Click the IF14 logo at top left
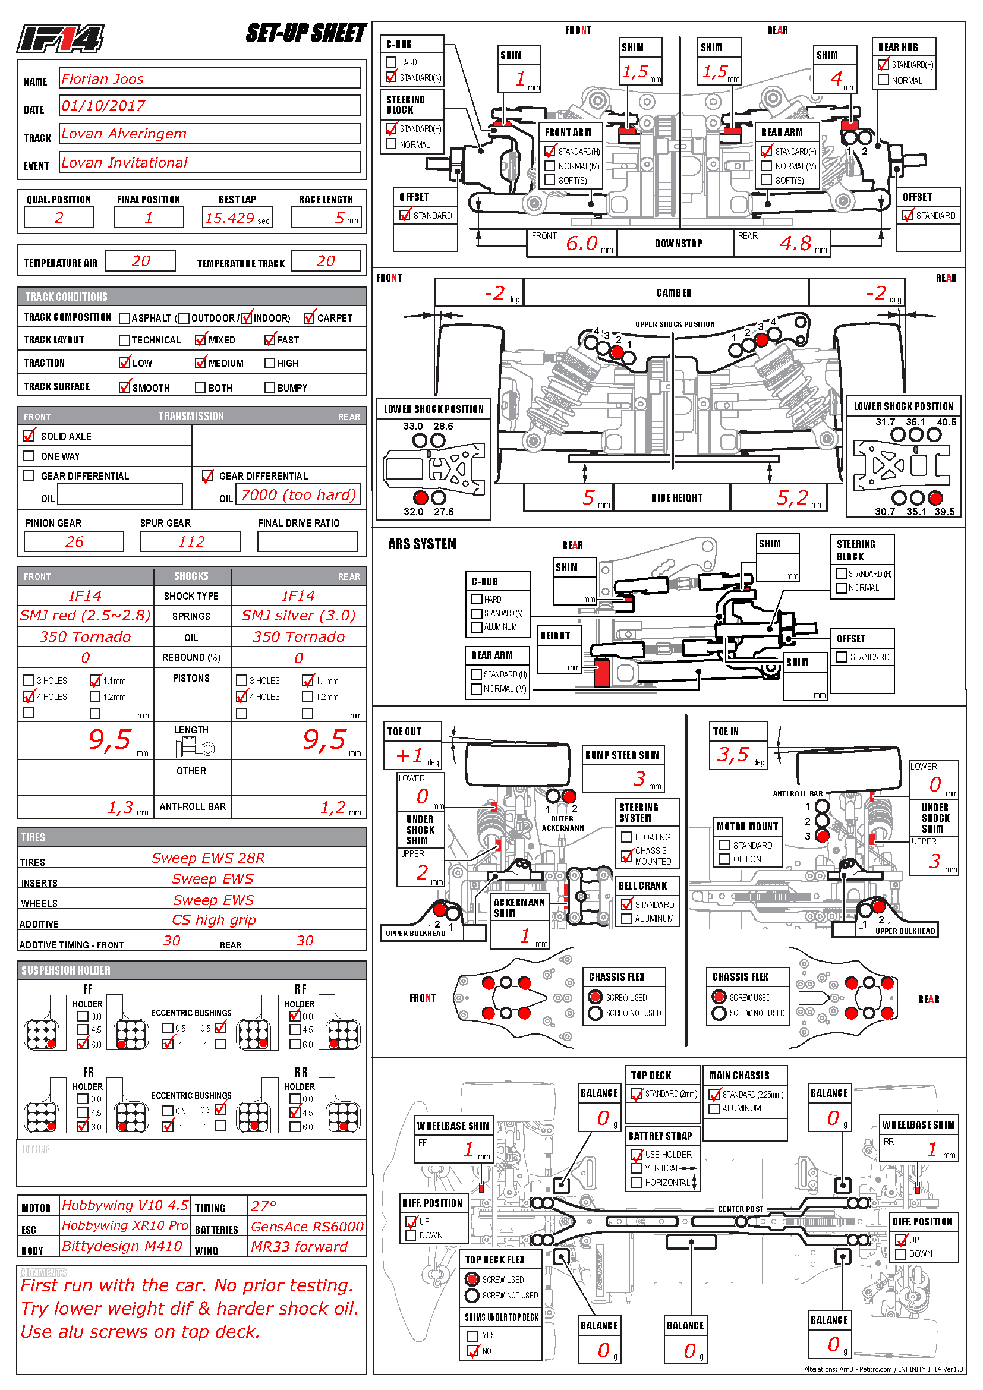[x=60, y=39]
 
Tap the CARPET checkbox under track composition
[x=309, y=317]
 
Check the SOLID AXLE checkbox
[x=29, y=436]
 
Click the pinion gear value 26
[x=74, y=541]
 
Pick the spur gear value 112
[x=191, y=541]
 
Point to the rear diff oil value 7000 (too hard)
[x=298, y=494]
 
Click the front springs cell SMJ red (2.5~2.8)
[x=86, y=616]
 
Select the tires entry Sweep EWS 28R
[x=207, y=858]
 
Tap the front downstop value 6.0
[x=582, y=244]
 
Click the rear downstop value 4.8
[x=795, y=244]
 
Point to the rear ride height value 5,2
[x=792, y=497]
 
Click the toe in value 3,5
[x=733, y=754]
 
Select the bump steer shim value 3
[x=639, y=778]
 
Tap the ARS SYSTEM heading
[x=422, y=544]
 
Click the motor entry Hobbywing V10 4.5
[x=125, y=1205]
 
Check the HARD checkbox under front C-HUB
[x=391, y=62]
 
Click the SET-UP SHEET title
[x=305, y=33]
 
